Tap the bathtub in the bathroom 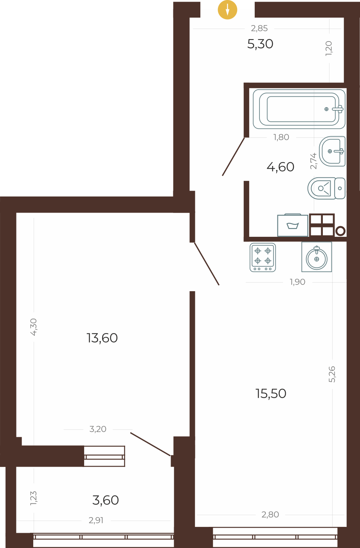[x=299, y=109]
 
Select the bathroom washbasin [x=333, y=151]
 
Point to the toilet [x=326, y=188]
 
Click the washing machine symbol [x=293, y=225]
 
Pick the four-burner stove [x=263, y=257]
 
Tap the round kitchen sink [x=317, y=257]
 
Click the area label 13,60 [x=102, y=338]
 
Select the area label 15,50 [x=271, y=394]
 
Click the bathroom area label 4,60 [x=280, y=167]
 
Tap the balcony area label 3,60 [x=106, y=500]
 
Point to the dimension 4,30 [x=34, y=326]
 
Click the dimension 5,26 [x=332, y=374]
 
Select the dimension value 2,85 [x=259, y=28]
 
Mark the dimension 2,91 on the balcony [x=96, y=521]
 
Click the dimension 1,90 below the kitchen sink [x=297, y=282]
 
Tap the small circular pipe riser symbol [x=340, y=231]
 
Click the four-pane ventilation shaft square [x=322, y=225]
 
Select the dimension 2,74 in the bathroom [x=313, y=160]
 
